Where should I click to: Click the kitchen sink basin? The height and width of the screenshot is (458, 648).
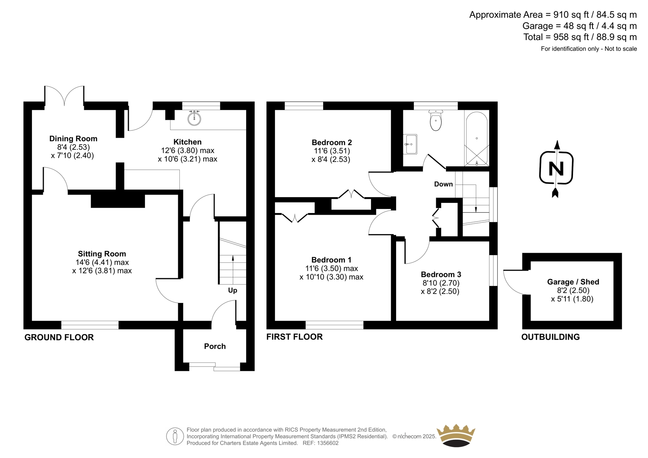(194, 118)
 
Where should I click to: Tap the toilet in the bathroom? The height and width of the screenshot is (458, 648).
(436, 120)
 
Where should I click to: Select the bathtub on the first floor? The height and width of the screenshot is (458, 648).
(477, 138)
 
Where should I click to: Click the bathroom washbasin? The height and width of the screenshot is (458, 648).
(410, 144)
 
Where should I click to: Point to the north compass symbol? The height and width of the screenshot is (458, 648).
(556, 169)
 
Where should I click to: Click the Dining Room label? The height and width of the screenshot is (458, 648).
(73, 138)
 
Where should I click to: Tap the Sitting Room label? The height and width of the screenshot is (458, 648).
(102, 254)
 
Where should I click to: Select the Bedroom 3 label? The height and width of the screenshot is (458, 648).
(441, 274)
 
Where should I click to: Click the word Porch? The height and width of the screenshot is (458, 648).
(215, 346)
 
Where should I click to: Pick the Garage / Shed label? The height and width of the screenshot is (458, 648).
(573, 282)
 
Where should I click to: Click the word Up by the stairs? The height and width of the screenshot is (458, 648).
(232, 290)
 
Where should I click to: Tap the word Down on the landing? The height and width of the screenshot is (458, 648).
(443, 184)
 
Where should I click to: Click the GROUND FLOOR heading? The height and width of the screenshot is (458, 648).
(59, 337)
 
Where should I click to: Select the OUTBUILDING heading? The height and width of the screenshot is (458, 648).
(550, 337)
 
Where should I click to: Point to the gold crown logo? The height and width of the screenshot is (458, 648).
(456, 435)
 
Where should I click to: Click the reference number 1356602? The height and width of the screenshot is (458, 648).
(327, 443)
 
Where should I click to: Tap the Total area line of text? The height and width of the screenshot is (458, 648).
(580, 37)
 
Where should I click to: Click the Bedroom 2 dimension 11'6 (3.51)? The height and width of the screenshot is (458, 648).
(332, 151)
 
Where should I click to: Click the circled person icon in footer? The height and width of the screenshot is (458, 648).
(175, 436)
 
